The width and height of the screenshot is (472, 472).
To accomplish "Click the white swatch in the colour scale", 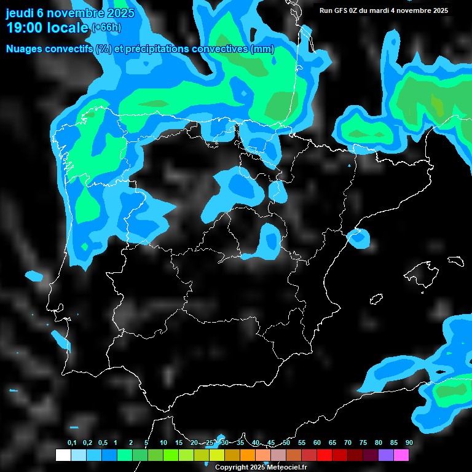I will [x=63, y=455].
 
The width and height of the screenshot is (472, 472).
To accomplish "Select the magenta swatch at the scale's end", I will [x=401, y=455].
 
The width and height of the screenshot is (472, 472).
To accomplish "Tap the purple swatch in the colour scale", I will [x=386, y=455].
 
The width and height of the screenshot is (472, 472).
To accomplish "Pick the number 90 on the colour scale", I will [x=409, y=443].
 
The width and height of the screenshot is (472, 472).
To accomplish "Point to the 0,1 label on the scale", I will [x=72, y=443].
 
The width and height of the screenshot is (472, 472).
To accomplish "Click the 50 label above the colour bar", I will [x=286, y=443].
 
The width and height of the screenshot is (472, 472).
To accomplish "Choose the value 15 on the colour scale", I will [x=179, y=443].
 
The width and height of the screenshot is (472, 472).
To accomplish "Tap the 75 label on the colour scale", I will [x=363, y=443].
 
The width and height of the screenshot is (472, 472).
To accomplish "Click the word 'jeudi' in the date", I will [x=21, y=13].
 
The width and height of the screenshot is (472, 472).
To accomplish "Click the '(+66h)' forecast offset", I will [x=106, y=28].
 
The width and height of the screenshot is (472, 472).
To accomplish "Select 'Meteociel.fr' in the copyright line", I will [x=286, y=467].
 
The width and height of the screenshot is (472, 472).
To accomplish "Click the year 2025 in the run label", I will [x=439, y=10].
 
